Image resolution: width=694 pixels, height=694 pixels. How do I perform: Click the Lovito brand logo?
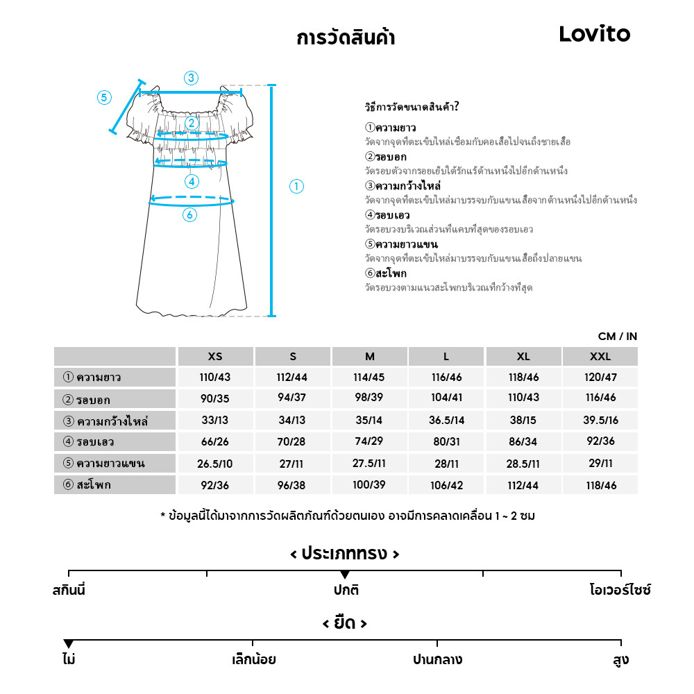[595, 35]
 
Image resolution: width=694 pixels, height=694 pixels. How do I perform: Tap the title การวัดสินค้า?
[346, 37]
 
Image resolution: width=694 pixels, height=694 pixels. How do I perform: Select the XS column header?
[215, 357]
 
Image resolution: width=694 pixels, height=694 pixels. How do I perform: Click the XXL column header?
[600, 357]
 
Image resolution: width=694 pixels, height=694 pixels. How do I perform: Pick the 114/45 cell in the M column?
[369, 378]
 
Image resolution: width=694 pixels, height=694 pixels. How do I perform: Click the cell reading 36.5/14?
[446, 421]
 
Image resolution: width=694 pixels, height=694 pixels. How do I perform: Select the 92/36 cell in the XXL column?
[600, 442]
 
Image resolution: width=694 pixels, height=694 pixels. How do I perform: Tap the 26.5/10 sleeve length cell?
[215, 464]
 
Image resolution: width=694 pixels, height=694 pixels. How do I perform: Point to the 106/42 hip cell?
[446, 485]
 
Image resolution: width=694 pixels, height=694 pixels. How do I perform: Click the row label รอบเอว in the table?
[95, 442]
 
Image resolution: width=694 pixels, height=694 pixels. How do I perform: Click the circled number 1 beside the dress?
[296, 186]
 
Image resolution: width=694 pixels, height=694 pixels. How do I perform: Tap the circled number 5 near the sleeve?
[104, 97]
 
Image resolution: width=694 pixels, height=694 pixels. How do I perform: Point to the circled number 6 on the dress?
[190, 215]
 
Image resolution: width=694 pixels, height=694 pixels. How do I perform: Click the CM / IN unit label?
[617, 337]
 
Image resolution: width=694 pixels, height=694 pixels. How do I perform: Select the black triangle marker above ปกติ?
[345, 575]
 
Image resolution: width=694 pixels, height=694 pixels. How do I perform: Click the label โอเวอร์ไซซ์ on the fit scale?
[620, 591]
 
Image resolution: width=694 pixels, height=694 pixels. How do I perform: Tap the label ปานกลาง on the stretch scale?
[437, 659]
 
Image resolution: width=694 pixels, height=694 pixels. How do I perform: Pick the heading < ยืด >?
[345, 623]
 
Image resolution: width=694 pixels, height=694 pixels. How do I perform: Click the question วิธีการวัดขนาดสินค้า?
[412, 107]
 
